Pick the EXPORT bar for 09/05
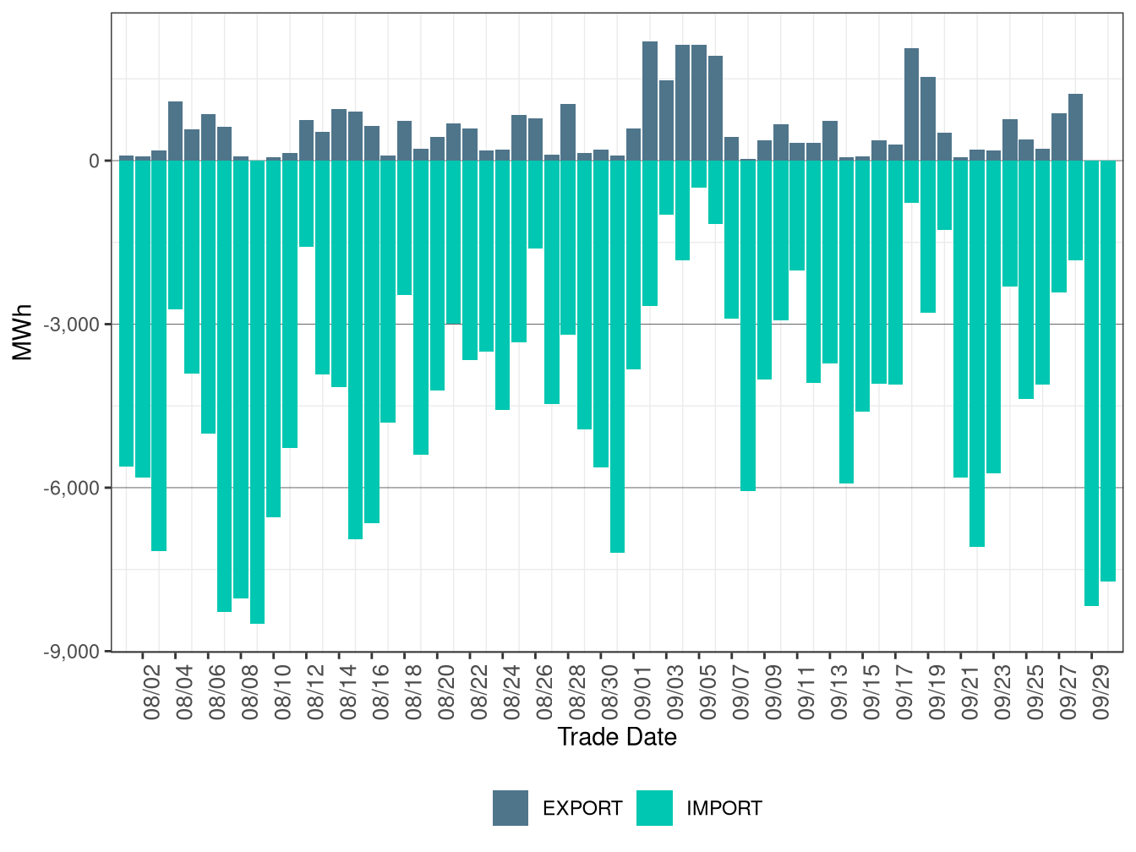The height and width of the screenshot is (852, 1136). coord(699,102)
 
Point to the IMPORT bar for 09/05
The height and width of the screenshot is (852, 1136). coord(699,174)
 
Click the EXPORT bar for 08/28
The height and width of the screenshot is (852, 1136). coord(568,132)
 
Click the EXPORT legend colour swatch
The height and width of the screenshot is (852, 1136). coord(511,808)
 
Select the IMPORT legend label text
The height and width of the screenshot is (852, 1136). coord(724,809)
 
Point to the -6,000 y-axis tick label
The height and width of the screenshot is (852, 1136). coord(76,488)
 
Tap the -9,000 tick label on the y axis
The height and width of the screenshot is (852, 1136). coord(76,652)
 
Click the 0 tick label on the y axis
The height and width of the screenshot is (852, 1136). coord(95,161)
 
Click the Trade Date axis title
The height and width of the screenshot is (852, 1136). coord(617,737)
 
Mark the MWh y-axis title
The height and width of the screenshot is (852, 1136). coord(23,332)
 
